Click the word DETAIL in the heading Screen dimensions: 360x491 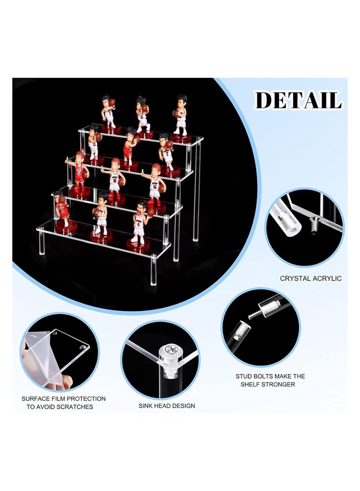coord(298,100)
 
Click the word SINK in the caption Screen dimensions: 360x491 coord(146,406)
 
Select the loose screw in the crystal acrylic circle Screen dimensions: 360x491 coord(314,226)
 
